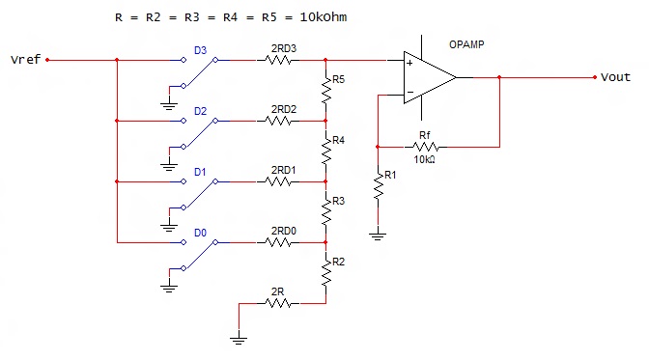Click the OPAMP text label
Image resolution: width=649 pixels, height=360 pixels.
[468, 45]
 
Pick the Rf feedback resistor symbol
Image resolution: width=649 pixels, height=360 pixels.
[425, 147]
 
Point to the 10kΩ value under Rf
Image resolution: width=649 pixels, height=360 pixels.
[424, 159]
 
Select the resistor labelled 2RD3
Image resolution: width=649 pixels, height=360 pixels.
[278, 60]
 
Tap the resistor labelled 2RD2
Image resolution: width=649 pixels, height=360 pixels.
[278, 121]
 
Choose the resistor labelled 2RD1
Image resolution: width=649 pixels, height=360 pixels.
[278, 180]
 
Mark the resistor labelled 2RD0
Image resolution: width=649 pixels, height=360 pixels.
[278, 241]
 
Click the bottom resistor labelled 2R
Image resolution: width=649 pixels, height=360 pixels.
[278, 302]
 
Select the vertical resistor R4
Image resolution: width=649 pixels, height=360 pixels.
[325, 151]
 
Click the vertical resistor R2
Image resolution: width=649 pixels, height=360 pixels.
[325, 271]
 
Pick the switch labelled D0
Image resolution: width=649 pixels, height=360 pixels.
[200, 245]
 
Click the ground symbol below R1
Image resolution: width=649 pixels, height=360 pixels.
[379, 233]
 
